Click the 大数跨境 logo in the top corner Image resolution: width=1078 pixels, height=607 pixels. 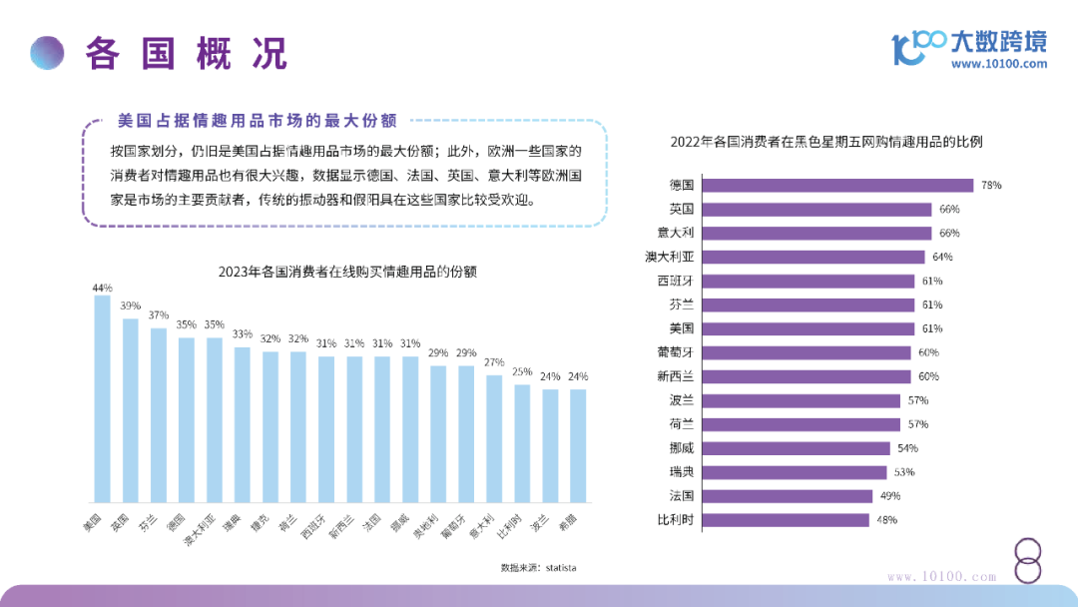coord(969,43)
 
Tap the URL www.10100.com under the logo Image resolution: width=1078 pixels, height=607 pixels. coord(999,64)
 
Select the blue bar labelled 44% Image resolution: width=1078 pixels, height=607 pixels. coord(102,397)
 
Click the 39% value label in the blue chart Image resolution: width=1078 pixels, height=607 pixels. coord(130,306)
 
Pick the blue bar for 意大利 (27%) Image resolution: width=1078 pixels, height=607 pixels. coord(493,437)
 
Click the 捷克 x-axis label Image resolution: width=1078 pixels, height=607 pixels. coord(261,524)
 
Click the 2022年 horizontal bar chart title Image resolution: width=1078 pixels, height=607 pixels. coord(826,142)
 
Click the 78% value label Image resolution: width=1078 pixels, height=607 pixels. coord(990,186)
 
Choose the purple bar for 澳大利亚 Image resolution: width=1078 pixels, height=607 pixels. coord(813,257)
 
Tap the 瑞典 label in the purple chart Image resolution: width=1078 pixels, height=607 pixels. coord(682,471)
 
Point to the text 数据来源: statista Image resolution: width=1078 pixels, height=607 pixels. coord(538,567)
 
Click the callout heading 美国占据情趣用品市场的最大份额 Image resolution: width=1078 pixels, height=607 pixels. coord(257,122)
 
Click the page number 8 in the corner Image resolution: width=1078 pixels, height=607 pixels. coord(1028,561)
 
